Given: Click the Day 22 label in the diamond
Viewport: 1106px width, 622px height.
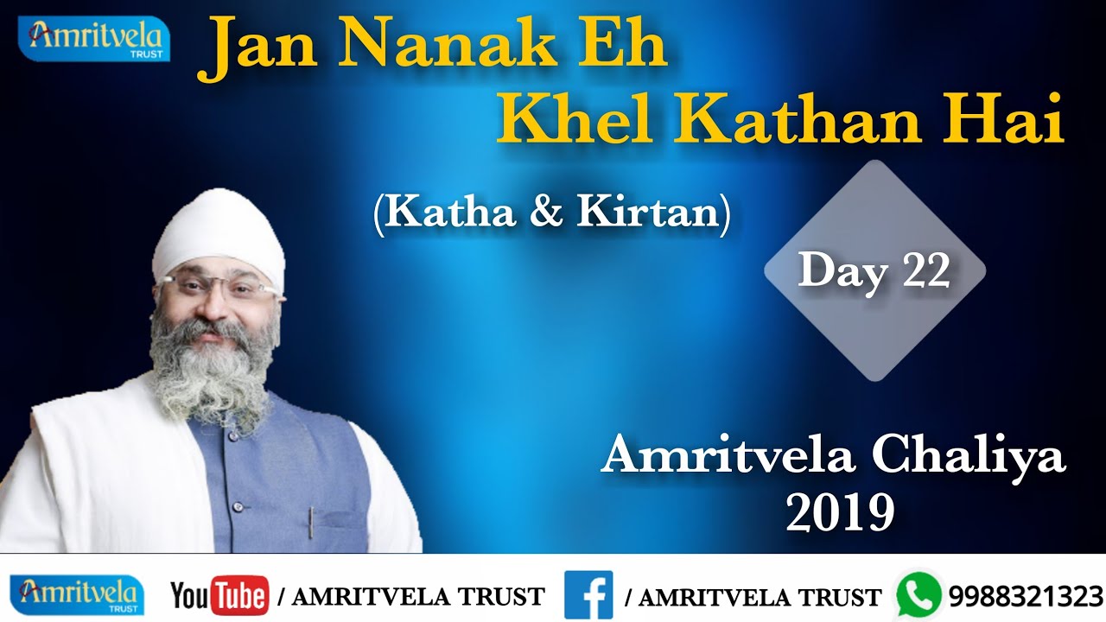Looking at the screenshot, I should pos(874,271).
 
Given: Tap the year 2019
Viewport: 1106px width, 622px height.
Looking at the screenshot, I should pos(839,512).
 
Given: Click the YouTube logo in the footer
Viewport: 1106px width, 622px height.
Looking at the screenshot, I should pos(219,596).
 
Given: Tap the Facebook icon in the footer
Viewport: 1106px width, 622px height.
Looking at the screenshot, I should pos(588,595).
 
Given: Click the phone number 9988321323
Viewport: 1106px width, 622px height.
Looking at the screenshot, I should pos(1026,597).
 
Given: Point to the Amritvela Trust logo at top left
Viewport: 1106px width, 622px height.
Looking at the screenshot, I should pos(94,39).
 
